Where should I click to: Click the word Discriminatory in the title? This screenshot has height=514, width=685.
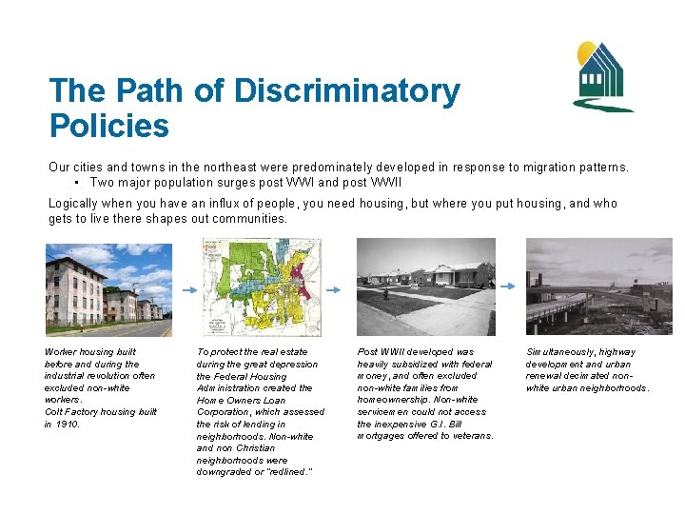coord(347,92)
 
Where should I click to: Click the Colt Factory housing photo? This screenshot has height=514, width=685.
coord(109,289)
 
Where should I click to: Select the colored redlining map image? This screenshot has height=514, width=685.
coord(255,287)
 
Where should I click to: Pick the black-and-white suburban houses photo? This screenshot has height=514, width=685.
coord(426,287)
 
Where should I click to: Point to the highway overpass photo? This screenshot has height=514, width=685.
coord(598,287)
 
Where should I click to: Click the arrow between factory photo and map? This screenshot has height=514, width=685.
coord(187,287)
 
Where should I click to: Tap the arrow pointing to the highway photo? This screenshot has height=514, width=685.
coord(512,287)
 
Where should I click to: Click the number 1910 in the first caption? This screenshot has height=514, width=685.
coord(69,424)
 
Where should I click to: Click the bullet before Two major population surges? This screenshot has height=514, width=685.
coord(74,182)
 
